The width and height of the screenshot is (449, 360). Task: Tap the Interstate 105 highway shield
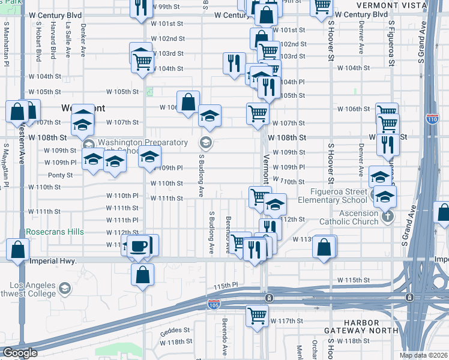(214, 305)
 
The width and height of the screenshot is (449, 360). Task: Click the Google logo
(20, 353)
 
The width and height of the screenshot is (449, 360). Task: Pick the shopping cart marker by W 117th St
(258, 314)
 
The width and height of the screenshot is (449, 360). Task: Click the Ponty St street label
(60, 175)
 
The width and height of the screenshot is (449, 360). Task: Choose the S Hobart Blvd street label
(38, 43)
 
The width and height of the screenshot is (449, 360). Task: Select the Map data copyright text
(423, 355)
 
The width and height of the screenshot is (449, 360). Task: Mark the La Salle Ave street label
(68, 40)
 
